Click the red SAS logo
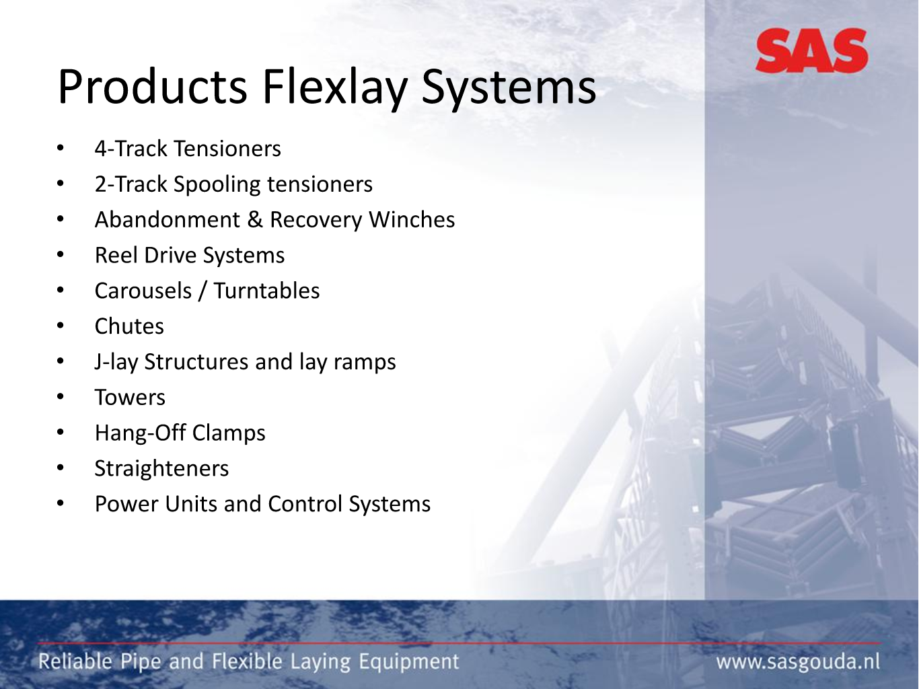(812, 50)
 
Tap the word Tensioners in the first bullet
(227, 149)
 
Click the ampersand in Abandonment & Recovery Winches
(254, 220)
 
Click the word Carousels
(143, 291)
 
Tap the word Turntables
(266, 291)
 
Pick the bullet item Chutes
(129, 326)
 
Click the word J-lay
(116, 363)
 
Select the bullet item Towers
(130, 398)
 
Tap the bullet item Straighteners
(161, 469)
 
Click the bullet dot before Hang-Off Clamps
(61, 433)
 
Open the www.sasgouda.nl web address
(798, 662)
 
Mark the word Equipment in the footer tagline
(408, 662)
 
